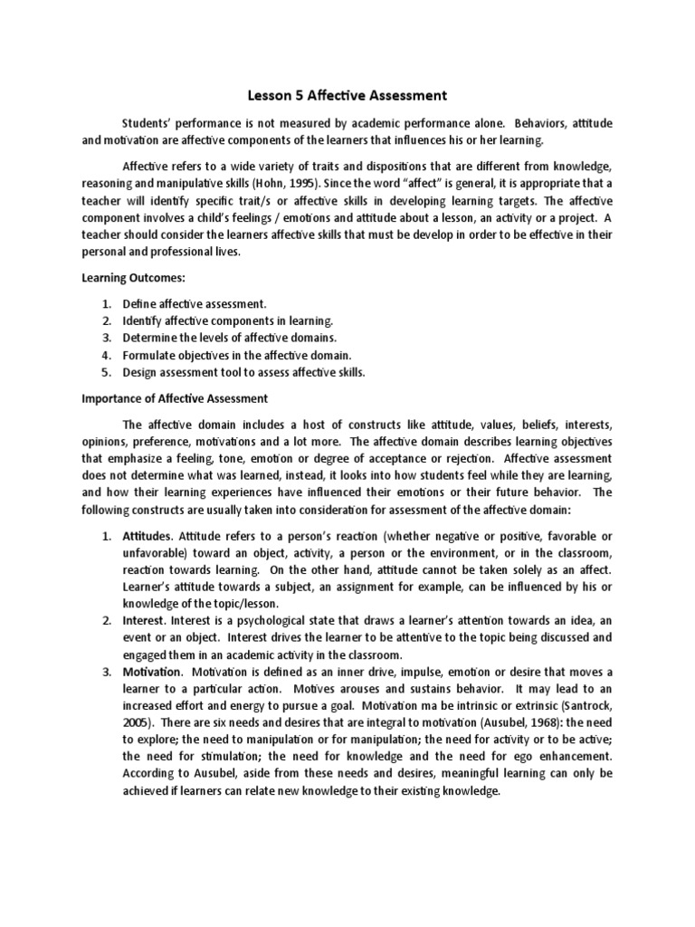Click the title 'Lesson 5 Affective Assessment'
(347, 94)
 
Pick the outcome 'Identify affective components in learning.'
(228, 320)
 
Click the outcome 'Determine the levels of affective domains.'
(232, 338)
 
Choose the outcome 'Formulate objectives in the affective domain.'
(237, 355)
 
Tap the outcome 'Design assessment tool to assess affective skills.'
(243, 372)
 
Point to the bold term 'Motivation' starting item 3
(152, 671)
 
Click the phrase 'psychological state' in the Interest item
(269, 620)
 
